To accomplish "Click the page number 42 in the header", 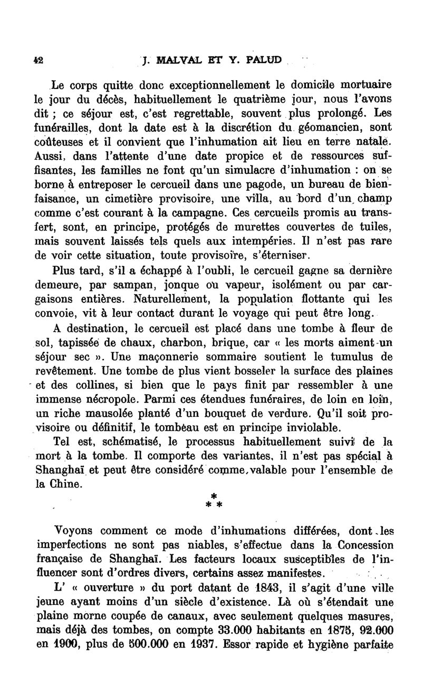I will coord(39,60).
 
